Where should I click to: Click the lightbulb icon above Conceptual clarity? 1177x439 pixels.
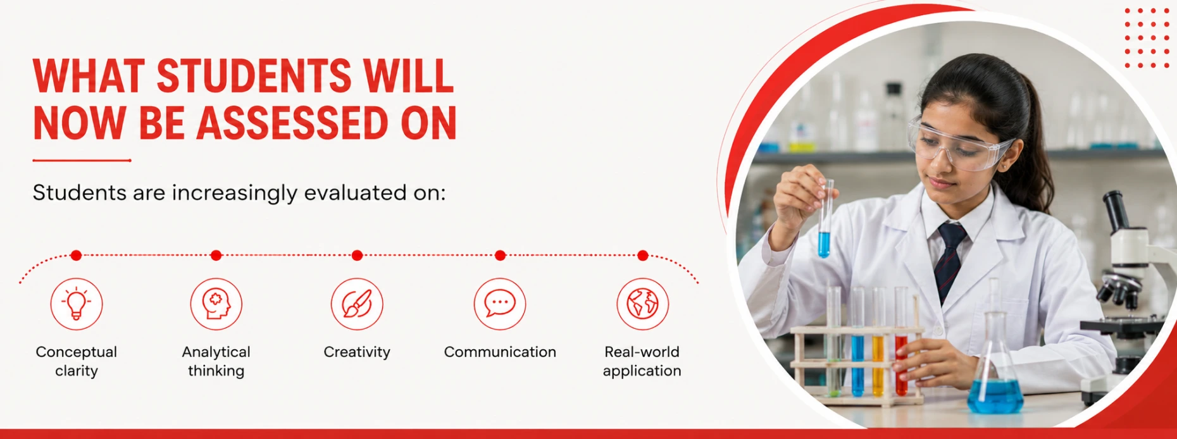(77, 304)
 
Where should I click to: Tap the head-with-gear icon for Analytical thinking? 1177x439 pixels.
(216, 304)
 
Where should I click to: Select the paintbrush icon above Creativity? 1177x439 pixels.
(357, 304)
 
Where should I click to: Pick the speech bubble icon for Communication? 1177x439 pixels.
(500, 304)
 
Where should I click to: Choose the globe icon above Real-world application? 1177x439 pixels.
(642, 304)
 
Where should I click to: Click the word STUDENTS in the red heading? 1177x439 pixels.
(254, 76)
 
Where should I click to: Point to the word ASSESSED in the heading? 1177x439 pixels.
(292, 123)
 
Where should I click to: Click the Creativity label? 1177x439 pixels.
(357, 352)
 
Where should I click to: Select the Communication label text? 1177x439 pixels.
(500, 352)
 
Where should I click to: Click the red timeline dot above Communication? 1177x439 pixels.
(500, 256)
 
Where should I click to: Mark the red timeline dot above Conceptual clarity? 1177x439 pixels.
(77, 256)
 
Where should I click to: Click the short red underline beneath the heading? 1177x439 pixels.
(82, 161)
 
